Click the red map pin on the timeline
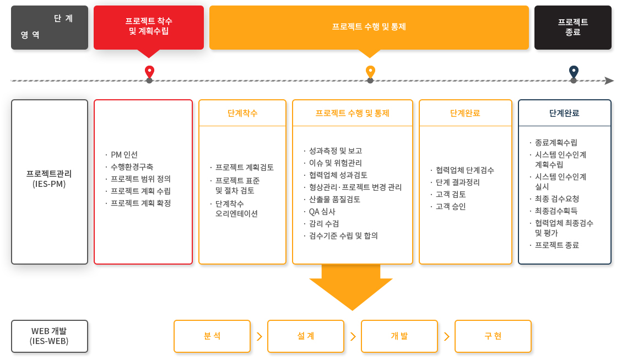point(149,72)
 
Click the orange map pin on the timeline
point(370,72)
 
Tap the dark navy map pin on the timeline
point(574,72)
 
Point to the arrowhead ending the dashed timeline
point(609,81)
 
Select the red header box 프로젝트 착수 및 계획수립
point(149,28)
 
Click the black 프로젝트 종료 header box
point(572,28)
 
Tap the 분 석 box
point(212,336)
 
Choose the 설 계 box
point(306,336)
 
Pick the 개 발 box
point(399,336)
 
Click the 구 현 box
point(493,336)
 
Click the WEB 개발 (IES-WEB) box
point(50,336)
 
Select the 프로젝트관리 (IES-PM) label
point(49,179)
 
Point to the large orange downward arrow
point(351,287)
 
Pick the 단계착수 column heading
point(242,113)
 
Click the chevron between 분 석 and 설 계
point(260,336)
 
